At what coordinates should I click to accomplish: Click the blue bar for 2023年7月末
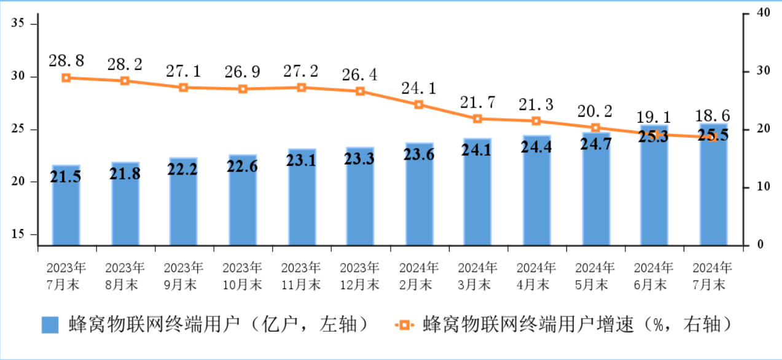[x=66, y=206]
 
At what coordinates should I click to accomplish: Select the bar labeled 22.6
[x=243, y=200]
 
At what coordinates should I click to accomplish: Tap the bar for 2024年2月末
[x=419, y=194]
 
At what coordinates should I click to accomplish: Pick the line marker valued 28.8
[x=66, y=78]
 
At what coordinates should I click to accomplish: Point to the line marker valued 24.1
[x=419, y=104]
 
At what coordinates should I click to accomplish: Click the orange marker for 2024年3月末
[x=478, y=119]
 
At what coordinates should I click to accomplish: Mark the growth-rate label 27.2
[x=301, y=71]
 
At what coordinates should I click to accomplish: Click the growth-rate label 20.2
[x=595, y=111]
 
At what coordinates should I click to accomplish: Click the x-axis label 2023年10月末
[x=243, y=276]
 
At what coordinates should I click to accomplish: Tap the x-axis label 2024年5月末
[x=595, y=276]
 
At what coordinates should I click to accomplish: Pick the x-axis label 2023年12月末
[x=360, y=276]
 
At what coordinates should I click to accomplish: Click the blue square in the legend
[x=50, y=325]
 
